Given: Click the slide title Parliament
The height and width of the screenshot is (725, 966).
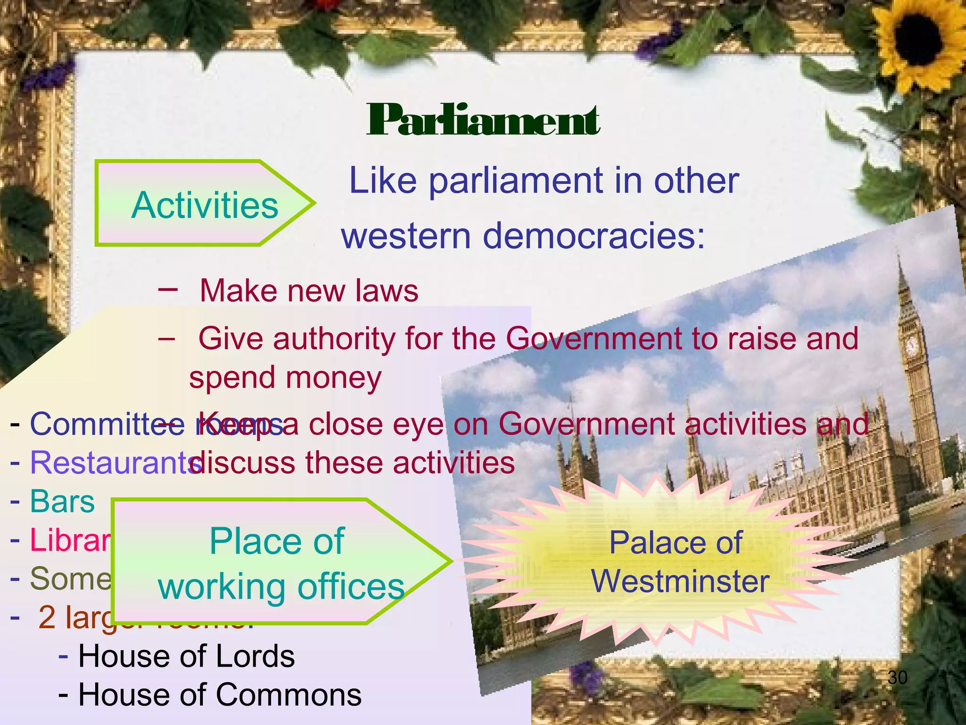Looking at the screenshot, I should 483,120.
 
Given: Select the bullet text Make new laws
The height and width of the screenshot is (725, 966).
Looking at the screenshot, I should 309,290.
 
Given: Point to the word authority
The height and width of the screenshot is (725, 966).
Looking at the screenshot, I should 334,338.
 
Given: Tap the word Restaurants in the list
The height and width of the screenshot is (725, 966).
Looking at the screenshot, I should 113,463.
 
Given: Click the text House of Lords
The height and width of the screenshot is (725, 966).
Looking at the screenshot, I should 186,656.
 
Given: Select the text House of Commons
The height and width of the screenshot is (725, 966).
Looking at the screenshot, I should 220,695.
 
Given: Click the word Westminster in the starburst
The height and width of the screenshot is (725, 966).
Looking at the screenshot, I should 681,581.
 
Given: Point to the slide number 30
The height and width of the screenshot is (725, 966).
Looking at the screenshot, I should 897,678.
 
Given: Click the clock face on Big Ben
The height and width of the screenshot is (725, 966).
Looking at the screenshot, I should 911,347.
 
